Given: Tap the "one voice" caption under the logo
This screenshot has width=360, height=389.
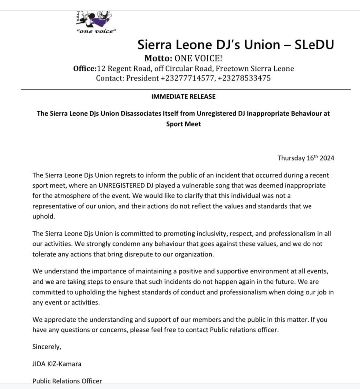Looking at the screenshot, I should [96, 31].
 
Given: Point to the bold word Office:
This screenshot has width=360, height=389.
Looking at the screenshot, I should [85, 68].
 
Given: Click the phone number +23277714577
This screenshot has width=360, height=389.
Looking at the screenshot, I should [188, 78].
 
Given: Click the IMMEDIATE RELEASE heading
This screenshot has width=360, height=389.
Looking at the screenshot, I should [183, 97].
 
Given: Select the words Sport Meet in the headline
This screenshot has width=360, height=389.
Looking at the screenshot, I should [183, 124].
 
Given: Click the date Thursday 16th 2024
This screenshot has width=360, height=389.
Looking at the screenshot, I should [306, 158].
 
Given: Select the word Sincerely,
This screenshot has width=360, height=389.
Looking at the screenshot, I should [47, 346].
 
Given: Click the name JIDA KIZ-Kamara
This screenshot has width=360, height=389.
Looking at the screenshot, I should [57, 364].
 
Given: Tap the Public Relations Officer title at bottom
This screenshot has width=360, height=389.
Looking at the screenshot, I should [67, 381].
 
